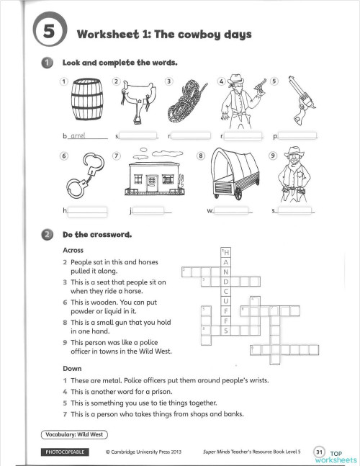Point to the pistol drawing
point(298,102)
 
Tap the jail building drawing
point(150,176)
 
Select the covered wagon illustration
point(234,177)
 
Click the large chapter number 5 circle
point(49,32)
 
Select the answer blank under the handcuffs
point(87,210)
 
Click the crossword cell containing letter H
point(226,252)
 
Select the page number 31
point(320,451)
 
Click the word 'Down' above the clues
point(73,369)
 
